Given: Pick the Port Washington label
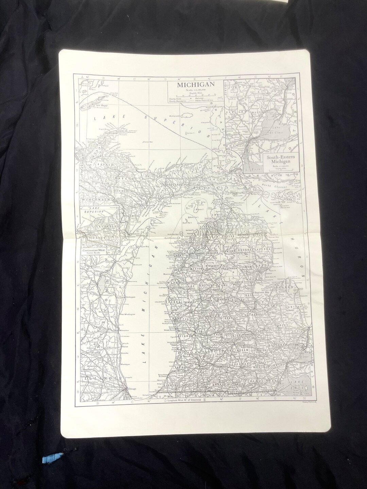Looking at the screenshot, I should pos(128,314).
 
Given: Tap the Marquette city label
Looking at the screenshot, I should pos(141,169).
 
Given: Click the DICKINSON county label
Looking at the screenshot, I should pos(122,191).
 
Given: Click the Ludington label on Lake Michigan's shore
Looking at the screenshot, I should pos(163,287).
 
